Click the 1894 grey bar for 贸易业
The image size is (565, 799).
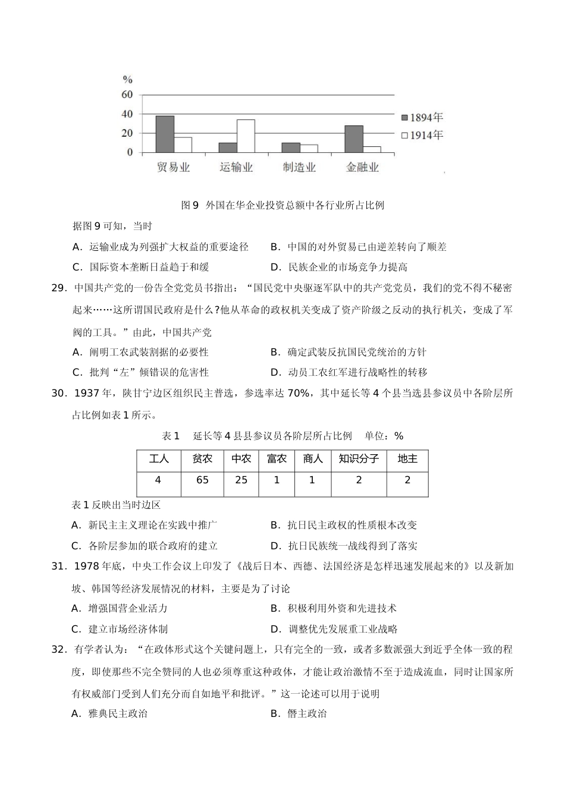coord(165,134)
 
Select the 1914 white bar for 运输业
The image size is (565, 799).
coord(246,136)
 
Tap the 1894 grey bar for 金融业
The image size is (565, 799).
coord(353,139)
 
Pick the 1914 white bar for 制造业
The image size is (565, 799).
coord(309,149)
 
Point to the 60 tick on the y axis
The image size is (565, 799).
coord(127,95)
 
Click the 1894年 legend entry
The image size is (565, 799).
coord(422,118)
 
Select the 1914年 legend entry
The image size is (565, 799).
coord(422,136)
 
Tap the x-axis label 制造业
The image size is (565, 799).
coord(299,168)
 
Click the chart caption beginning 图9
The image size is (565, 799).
coord(282,206)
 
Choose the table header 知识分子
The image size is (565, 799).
coord(359,459)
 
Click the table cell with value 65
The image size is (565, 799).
coord(202,480)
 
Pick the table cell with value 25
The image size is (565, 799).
coord(241,480)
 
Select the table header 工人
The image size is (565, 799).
coord(159,459)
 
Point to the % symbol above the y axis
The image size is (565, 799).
coord(127,80)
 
